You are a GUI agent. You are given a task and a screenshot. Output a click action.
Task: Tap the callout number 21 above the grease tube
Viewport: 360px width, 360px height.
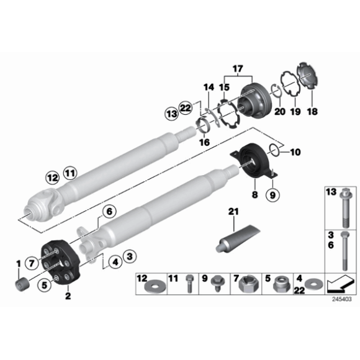pyautogui.click(x=233, y=213)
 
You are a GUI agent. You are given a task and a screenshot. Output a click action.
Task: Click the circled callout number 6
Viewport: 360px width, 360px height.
pyautogui.click(x=109, y=212)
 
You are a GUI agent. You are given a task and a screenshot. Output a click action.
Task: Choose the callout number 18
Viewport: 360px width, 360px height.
pyautogui.click(x=312, y=112)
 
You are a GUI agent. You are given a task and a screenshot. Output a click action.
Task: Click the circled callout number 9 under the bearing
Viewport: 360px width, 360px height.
pyautogui.click(x=271, y=195)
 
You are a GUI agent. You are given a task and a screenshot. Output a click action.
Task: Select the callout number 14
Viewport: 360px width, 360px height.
pyautogui.click(x=209, y=87)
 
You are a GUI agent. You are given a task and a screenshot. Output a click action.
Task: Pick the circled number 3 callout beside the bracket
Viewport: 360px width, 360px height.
pyautogui.click(x=129, y=256)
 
